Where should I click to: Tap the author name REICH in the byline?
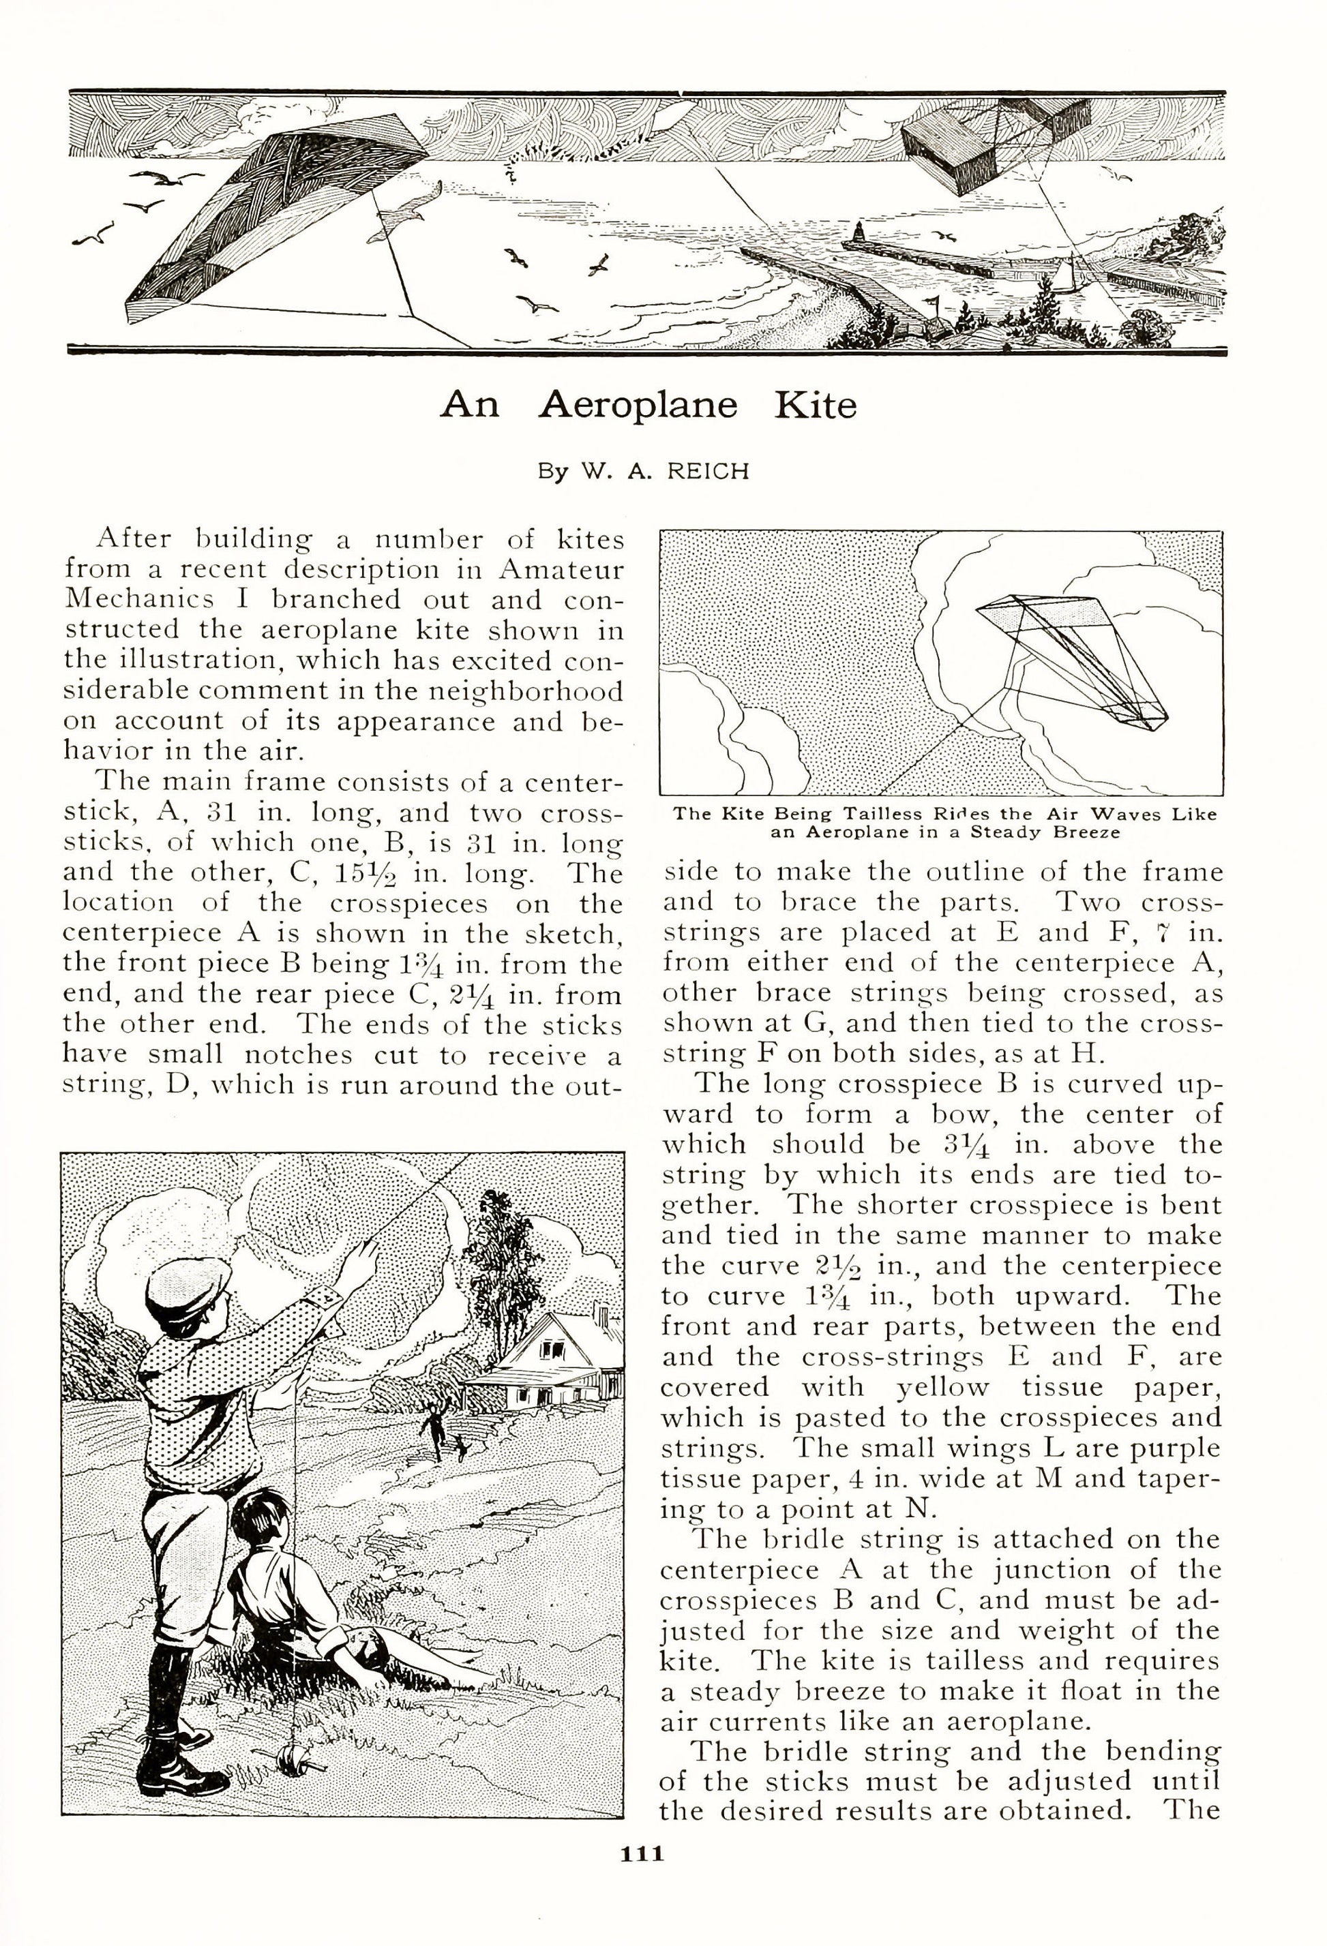pyautogui.click(x=707, y=472)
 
